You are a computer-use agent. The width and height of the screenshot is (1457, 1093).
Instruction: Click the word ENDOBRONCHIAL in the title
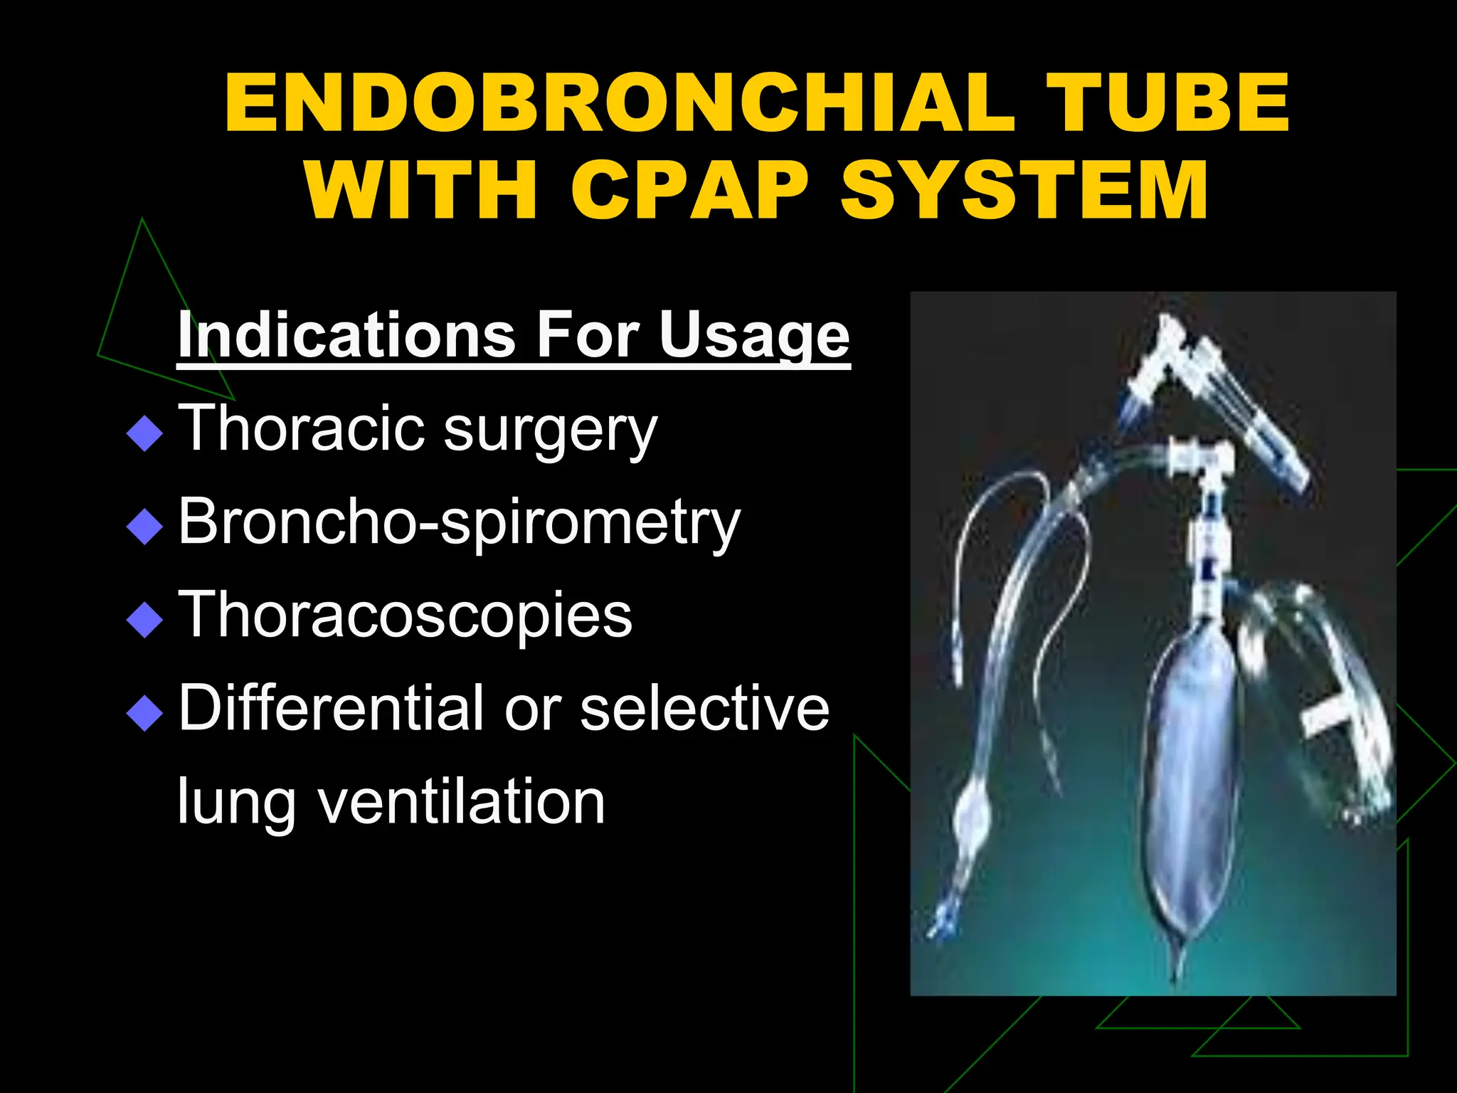coord(619,103)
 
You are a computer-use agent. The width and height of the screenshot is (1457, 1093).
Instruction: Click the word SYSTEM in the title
coord(1024,190)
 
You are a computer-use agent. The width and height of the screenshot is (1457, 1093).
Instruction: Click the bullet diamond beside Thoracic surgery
coord(144,433)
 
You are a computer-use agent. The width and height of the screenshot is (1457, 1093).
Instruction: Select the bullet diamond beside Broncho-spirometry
coord(144,526)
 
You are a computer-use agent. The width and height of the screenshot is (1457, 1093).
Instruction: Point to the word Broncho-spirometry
coord(459,523)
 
